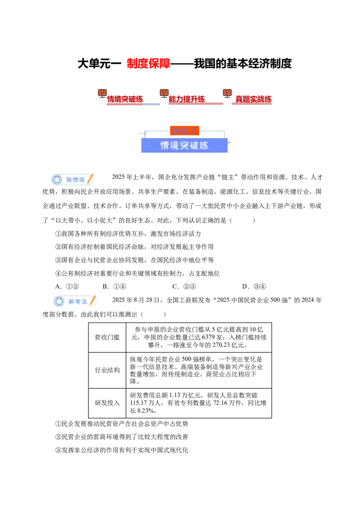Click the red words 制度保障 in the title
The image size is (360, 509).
pyautogui.click(x=148, y=64)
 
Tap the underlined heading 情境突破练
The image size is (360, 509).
pyautogui.click(x=125, y=99)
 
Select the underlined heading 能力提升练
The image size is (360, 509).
pyautogui.click(x=187, y=99)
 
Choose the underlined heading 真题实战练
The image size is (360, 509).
pyautogui.click(x=253, y=99)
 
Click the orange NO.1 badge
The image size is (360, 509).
pyautogui.click(x=184, y=131)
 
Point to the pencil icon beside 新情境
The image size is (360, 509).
pyautogui.click(x=90, y=179)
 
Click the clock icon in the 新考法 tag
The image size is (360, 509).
pyautogui.click(x=59, y=302)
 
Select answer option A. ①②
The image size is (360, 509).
pyautogui.click(x=67, y=286)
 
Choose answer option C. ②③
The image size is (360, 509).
pyautogui.click(x=184, y=286)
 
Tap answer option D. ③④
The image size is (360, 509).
pyautogui.click(x=254, y=286)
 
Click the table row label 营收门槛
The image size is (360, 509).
pyautogui.click(x=107, y=338)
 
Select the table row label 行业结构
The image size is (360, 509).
pyautogui.click(x=107, y=371)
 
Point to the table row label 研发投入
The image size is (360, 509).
pyautogui.click(x=107, y=403)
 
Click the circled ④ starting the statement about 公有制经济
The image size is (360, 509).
pyautogui.click(x=58, y=274)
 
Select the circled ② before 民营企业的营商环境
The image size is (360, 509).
pyautogui.click(x=58, y=437)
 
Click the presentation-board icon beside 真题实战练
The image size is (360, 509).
pyautogui.click(x=227, y=94)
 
